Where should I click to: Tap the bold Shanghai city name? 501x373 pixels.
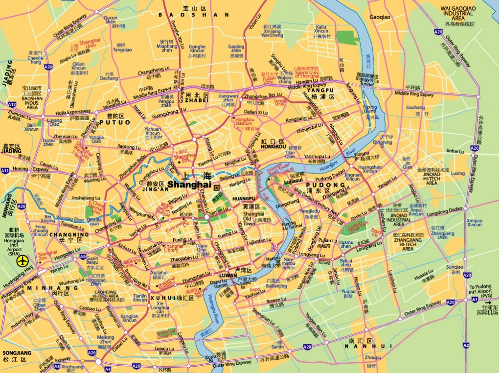(x=189, y=185)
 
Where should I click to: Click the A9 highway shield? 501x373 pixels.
(x=83, y=256)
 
